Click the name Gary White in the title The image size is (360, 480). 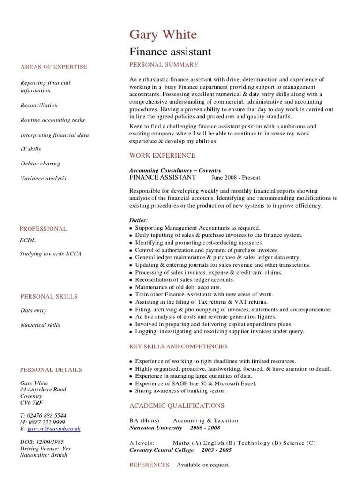[163, 35]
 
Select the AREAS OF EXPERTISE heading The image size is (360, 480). [54, 67]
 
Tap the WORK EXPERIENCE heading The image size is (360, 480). [162, 155]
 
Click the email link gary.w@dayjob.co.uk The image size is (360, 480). [54, 428]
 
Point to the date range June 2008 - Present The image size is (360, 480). [236, 178]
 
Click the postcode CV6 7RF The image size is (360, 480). [31, 403]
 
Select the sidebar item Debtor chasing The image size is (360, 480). [40, 164]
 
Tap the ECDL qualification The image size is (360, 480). [28, 240]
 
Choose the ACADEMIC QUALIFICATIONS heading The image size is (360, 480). [177, 405]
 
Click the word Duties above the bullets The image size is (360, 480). [138, 220]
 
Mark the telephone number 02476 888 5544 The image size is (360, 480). [46, 415]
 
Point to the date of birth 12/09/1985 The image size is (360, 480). [48, 442]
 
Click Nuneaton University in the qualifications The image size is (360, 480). [156, 427]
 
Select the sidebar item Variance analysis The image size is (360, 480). [44, 178]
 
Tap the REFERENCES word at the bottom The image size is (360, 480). [149, 465]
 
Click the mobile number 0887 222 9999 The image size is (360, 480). [46, 422]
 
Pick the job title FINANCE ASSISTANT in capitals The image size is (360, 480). [162, 177]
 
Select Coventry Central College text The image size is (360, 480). [161, 450]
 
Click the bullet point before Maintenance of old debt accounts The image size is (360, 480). [131, 287]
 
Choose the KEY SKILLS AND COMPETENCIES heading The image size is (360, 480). [179, 346]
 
